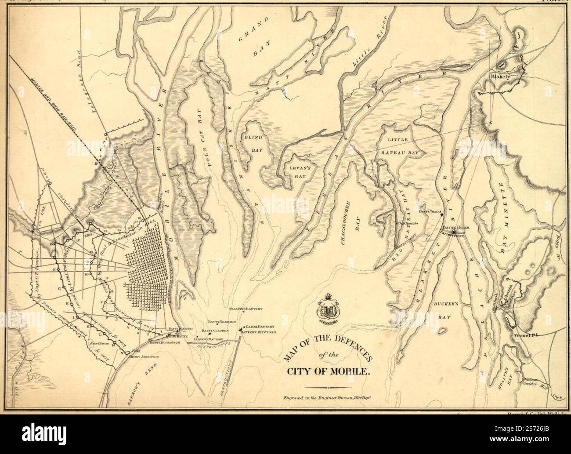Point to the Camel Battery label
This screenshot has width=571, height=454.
click(260, 327)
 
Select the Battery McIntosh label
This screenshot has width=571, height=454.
click(258, 333)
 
